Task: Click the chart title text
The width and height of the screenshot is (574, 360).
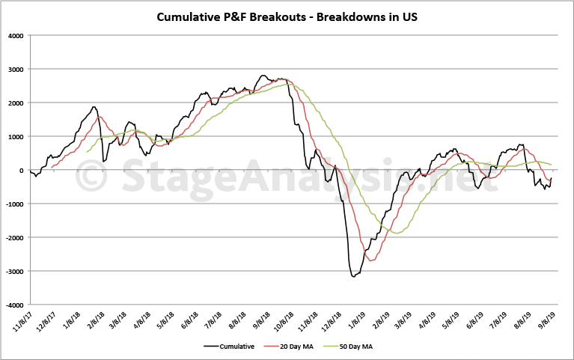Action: [x=287, y=16]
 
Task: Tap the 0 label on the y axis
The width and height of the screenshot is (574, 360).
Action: [x=42, y=171]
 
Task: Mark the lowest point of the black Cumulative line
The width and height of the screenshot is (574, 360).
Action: [x=353, y=277]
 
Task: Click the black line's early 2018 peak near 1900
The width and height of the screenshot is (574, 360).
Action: [x=94, y=107]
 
